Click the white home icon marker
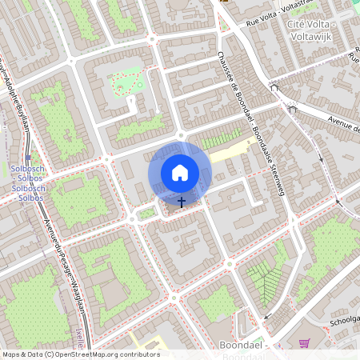(180, 173)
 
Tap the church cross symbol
(182, 202)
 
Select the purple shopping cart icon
(304, 343)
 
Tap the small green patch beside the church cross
(146, 214)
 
